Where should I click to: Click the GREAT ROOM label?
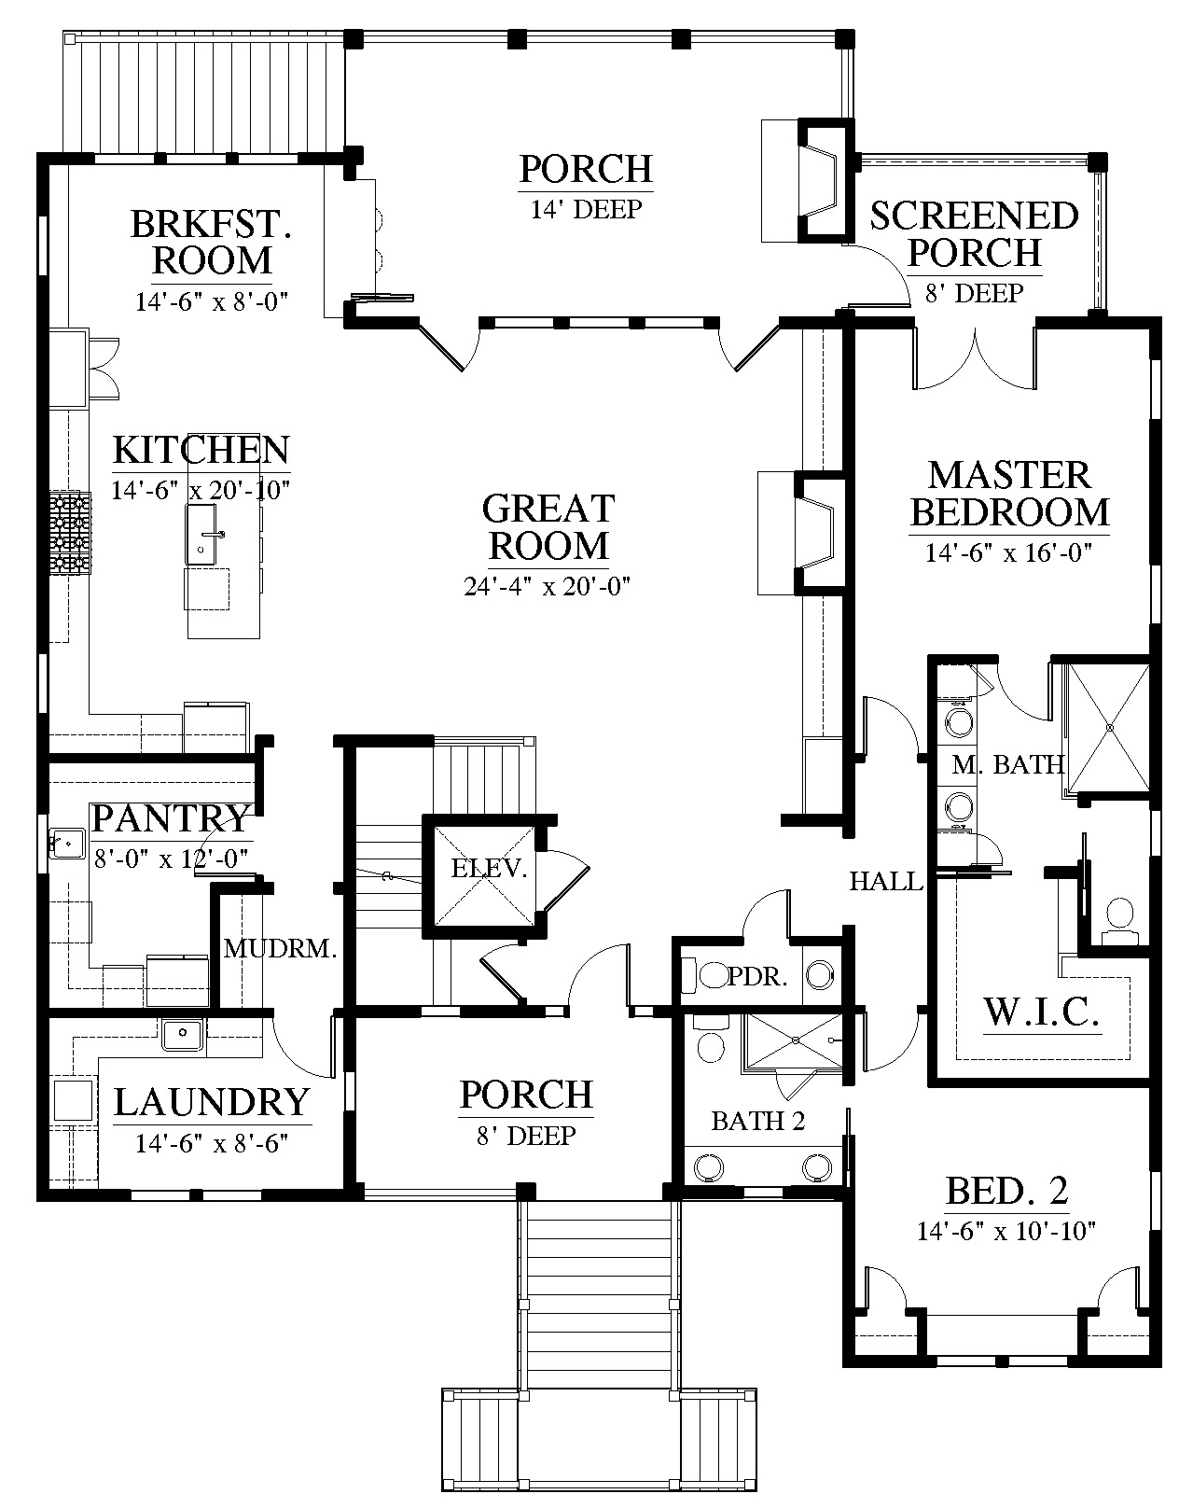(x=548, y=527)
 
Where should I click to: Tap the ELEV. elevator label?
(x=489, y=868)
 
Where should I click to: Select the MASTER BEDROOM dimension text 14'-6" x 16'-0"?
(x=1008, y=553)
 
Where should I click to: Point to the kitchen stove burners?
(x=70, y=532)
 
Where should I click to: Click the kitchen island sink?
(x=201, y=535)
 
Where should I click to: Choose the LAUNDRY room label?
(x=212, y=1102)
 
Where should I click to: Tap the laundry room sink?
(x=183, y=1035)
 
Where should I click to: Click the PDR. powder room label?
(x=757, y=976)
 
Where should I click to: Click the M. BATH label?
(x=1007, y=765)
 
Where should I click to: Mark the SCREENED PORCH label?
(x=975, y=234)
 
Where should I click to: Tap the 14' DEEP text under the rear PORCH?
(x=587, y=209)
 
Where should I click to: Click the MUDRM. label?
(x=280, y=948)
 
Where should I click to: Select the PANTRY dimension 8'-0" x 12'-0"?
(x=171, y=859)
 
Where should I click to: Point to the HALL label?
(x=886, y=881)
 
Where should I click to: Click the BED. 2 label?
(x=1006, y=1191)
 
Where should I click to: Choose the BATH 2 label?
(x=758, y=1121)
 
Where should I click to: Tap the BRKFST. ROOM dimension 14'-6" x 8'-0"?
(x=212, y=301)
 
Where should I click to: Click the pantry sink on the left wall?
(x=66, y=843)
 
